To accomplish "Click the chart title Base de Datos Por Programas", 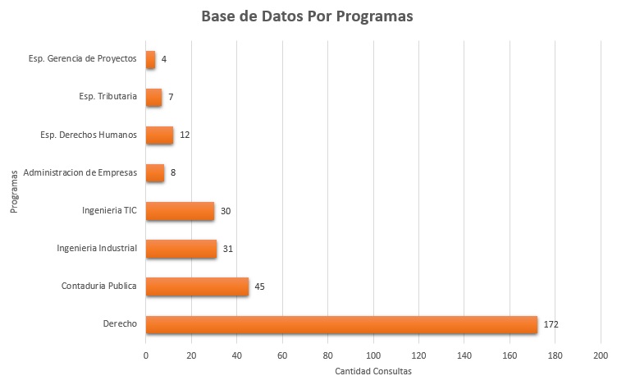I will [308, 17].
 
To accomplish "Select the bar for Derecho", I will [341, 324].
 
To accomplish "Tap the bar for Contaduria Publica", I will [197, 286].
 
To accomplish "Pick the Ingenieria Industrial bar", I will [181, 248].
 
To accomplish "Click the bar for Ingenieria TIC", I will [180, 211].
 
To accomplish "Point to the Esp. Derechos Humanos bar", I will [159, 135].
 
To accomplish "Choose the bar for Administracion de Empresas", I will [155, 173].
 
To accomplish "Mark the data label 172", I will [551, 325].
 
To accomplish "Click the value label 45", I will [259, 286].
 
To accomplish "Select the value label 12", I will [185, 135].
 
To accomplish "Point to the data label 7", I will [171, 97].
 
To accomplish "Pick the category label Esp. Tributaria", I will [107, 97].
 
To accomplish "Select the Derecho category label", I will [120, 324].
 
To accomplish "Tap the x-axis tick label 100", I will [373, 355].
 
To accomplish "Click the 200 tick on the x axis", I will [601, 355].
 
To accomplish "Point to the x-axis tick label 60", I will [282, 355].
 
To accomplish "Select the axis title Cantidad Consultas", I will [372, 372].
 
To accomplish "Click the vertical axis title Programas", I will [15, 192].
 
